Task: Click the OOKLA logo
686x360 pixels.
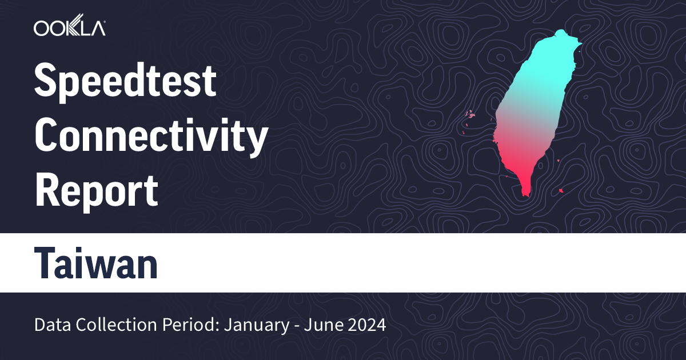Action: click(69, 28)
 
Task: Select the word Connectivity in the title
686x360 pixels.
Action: click(151, 137)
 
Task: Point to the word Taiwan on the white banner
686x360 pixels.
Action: click(96, 263)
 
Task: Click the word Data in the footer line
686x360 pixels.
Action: click(51, 326)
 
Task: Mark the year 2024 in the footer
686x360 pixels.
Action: click(368, 326)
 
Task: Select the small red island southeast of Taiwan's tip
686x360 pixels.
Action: click(562, 190)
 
